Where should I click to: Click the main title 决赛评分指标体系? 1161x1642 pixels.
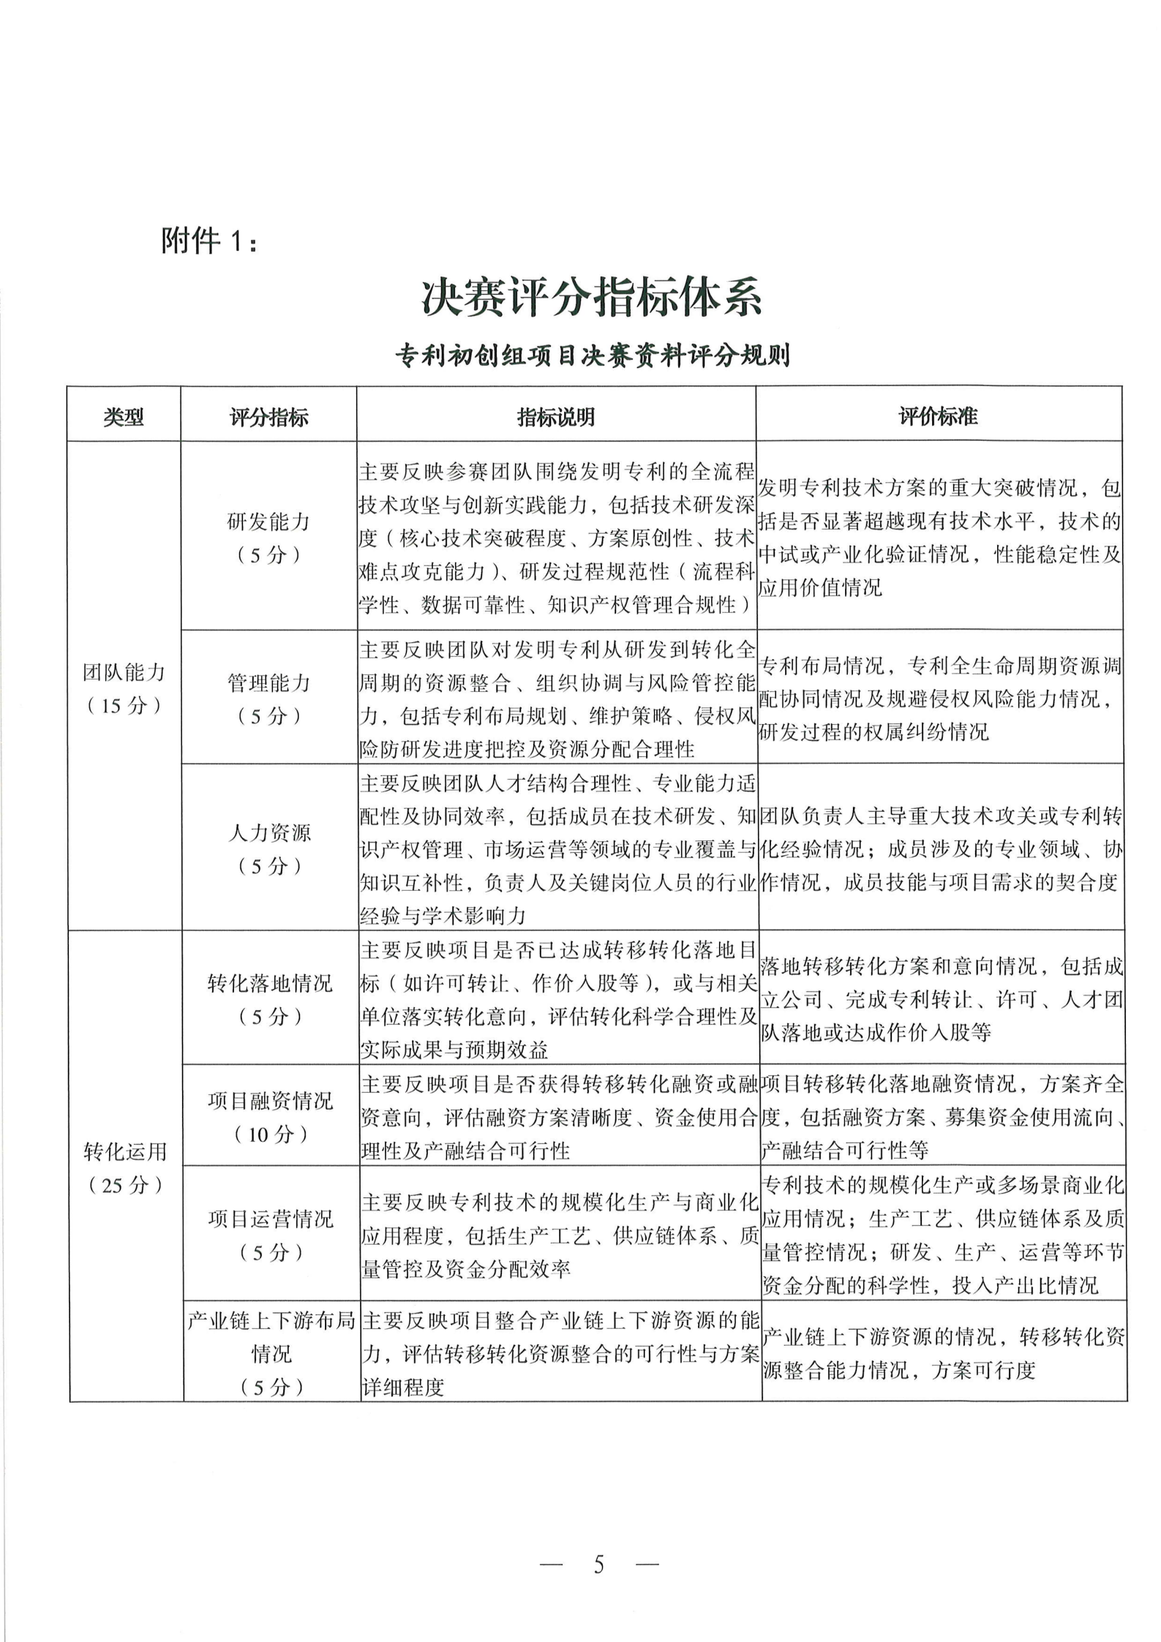[x=591, y=298]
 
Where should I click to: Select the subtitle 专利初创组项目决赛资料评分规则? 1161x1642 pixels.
[x=593, y=356]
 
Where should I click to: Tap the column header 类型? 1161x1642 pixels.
[x=124, y=417]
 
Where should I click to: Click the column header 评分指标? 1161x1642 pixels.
[x=268, y=417]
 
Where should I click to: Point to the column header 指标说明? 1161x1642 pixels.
[x=556, y=417]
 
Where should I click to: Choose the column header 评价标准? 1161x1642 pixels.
[x=939, y=417]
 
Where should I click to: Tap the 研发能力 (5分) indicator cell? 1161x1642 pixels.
[x=268, y=538]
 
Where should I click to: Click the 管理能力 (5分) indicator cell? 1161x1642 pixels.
[x=268, y=699]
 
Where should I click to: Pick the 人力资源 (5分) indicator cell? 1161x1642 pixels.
[x=268, y=849]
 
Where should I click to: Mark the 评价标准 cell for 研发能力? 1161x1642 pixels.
[x=939, y=538]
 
